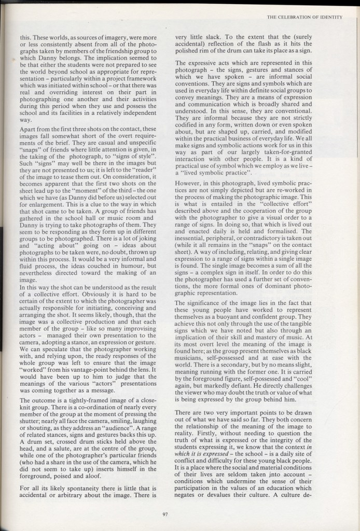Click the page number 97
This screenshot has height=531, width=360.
[164, 514]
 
